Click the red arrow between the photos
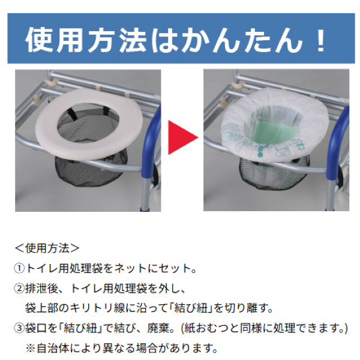pyautogui.click(x=181, y=137)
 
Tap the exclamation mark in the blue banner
pyautogui.click(x=320, y=40)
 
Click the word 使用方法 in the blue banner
pyautogui.click(x=86, y=40)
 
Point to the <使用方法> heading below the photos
pyautogui.click(x=47, y=248)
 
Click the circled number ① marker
pyautogui.click(x=19, y=268)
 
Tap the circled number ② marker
pyautogui.click(x=19, y=289)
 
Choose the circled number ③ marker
pyautogui.click(x=19, y=328)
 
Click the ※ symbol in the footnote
pyautogui.click(x=31, y=349)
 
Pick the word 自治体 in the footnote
pyautogui.click(x=53, y=349)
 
